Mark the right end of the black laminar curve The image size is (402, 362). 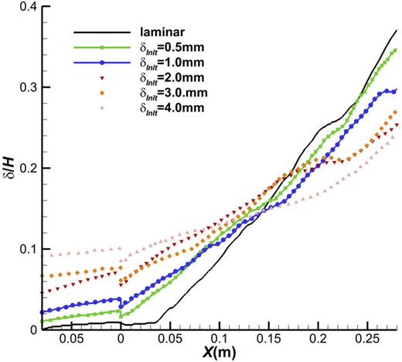397,30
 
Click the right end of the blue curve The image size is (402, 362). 397,90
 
